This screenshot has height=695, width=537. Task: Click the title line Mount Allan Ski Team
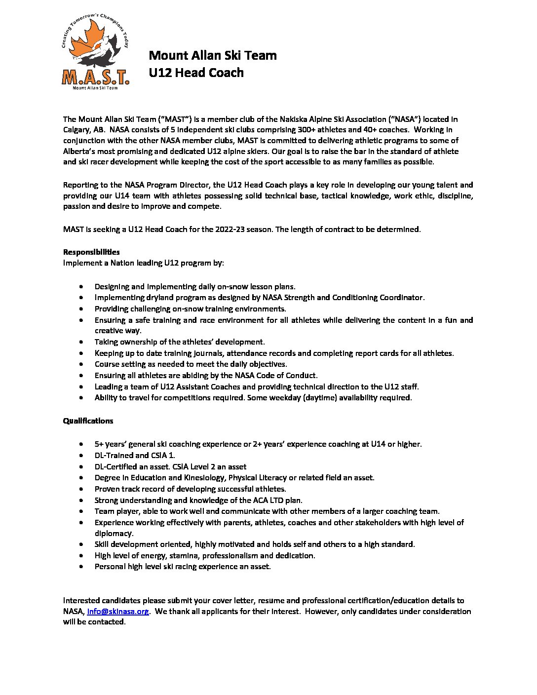pos(213,55)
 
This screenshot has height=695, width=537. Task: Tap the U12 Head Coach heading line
pos(196,73)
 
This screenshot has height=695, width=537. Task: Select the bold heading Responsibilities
pos(91,252)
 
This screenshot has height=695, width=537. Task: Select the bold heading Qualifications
pos(88,421)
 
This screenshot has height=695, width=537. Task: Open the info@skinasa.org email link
pos(118,612)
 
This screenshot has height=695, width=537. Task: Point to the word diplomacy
pos(114,534)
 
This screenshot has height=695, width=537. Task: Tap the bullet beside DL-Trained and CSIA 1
pos(81,456)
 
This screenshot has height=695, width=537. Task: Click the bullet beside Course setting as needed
pos(81,364)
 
